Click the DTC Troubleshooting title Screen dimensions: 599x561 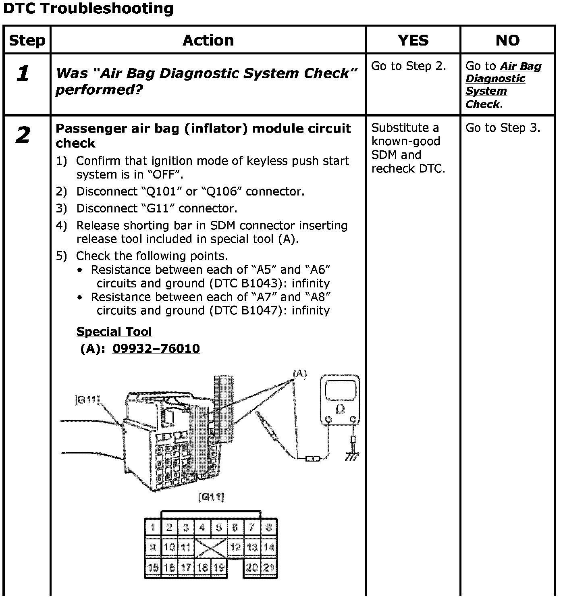coord(88,9)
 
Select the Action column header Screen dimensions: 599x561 coord(208,40)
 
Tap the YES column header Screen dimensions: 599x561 coord(413,40)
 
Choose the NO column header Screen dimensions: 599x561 coord(507,40)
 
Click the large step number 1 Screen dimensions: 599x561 coord(23,73)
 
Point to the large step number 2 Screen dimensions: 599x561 coord(23,135)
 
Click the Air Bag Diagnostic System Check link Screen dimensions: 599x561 coord(503,85)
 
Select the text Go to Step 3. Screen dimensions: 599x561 coord(503,128)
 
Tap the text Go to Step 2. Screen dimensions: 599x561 coord(408,66)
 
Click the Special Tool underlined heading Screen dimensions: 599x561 coord(114,332)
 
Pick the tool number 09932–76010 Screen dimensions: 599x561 coord(156,348)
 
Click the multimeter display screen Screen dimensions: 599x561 coord(340,390)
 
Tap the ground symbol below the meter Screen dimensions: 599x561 coord(352,456)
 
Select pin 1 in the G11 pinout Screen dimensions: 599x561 coord(153,527)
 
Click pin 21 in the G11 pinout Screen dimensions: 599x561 coord(269,568)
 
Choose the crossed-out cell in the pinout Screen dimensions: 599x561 coord(211,547)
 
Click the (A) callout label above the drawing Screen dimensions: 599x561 coord(299,374)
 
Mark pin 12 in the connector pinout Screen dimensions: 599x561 coord(236,547)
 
